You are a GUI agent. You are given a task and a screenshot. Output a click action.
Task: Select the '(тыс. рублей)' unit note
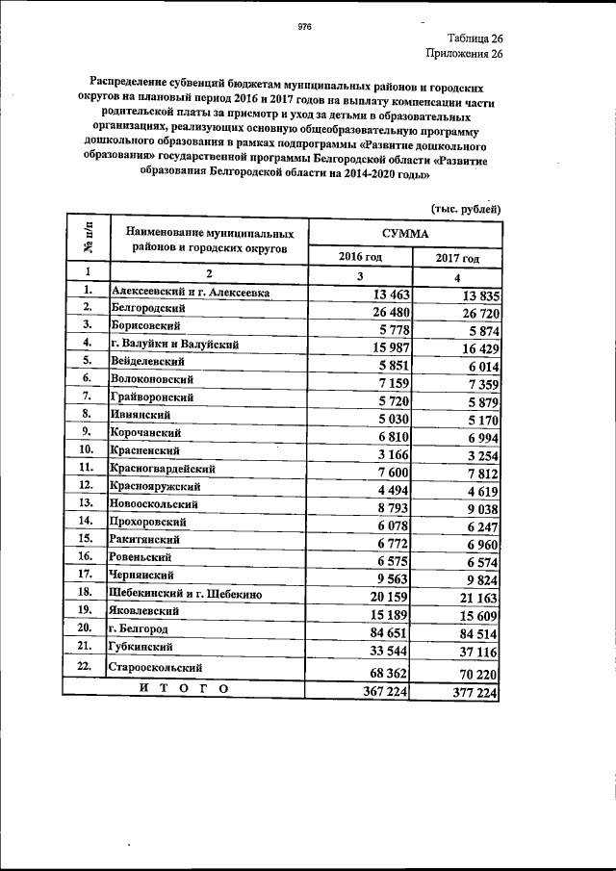coord(463,208)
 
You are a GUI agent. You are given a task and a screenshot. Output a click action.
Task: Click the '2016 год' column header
coord(361,257)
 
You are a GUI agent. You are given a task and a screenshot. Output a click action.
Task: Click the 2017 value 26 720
coord(472,314)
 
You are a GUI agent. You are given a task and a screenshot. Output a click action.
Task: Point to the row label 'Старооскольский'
coord(156,666)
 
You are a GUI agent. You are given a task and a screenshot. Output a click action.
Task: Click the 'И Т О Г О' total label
coord(183,688)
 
